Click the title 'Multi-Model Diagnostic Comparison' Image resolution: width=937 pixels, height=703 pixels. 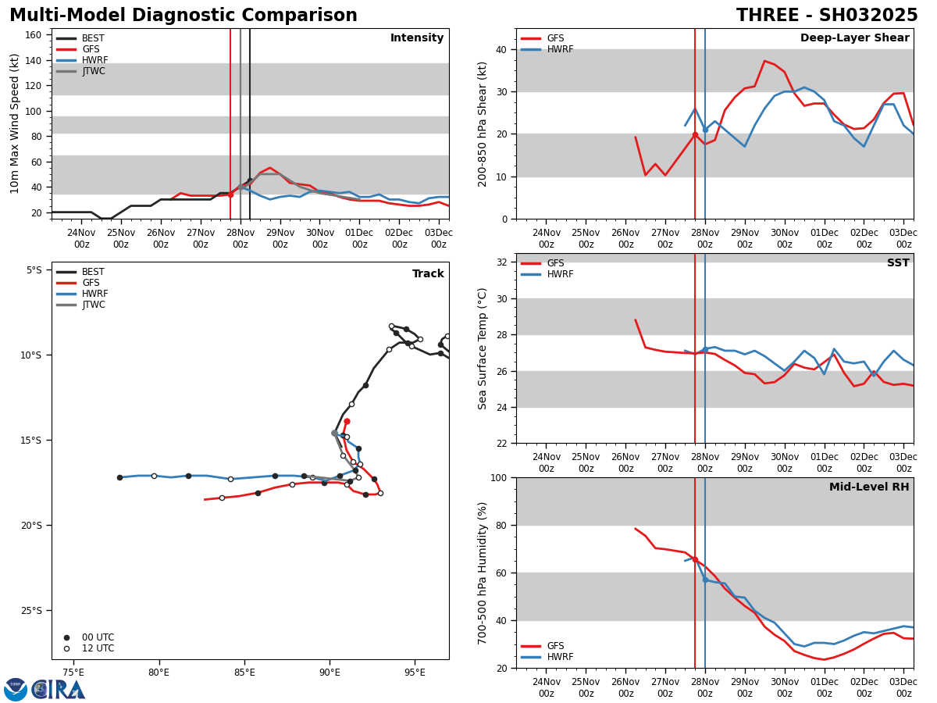coord(183,16)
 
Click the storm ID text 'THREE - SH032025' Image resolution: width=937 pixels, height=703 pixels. coord(827,16)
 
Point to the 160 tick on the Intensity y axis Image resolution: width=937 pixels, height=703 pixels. coord(34,35)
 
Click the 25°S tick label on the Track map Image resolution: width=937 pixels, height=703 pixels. coord(34,610)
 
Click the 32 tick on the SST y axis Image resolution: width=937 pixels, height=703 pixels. coord(500,262)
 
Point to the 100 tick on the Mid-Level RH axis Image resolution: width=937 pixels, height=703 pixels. coord(497,477)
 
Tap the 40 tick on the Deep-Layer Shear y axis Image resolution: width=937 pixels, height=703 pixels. coord(500,49)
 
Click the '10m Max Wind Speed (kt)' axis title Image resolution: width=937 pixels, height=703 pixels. coord(16,123)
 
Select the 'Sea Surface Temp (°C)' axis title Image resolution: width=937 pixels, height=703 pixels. coord(483,348)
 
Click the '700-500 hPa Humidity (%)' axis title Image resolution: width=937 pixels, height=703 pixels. coord(483,573)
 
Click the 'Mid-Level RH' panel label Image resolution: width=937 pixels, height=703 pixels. coord(869,487)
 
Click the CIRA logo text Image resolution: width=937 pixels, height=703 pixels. coord(59,690)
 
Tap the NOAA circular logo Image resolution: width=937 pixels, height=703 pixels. coord(16,690)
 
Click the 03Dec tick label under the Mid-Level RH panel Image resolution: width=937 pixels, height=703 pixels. coord(903,687)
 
